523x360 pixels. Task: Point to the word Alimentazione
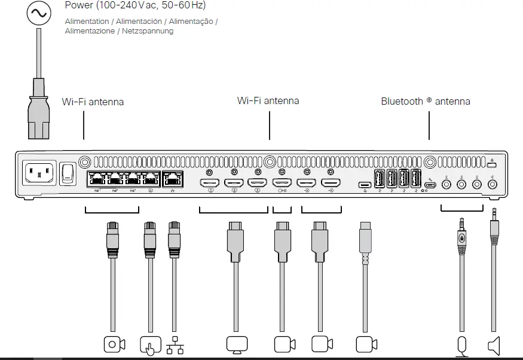(90, 30)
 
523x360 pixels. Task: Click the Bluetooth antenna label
(426, 101)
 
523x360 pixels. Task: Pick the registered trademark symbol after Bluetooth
(429, 100)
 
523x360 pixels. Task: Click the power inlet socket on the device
(39, 174)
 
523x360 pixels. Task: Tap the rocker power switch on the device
(70, 173)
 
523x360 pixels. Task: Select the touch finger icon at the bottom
(151, 345)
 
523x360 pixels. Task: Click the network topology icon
(175, 345)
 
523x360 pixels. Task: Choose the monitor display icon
(237, 345)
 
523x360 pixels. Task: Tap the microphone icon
(461, 346)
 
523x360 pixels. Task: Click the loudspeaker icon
(493, 345)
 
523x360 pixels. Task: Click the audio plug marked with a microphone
(461, 237)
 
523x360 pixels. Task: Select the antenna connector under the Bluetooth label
(429, 161)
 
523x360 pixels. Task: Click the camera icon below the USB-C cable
(366, 344)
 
